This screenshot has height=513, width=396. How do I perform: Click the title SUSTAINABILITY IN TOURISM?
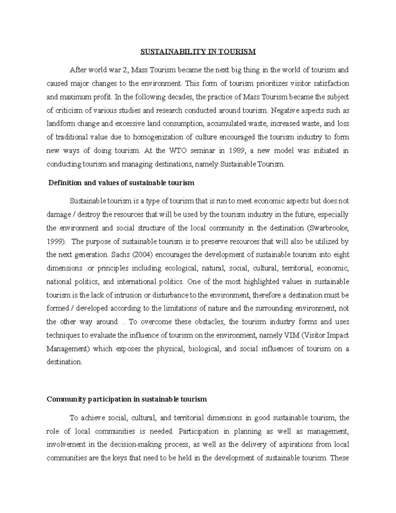198,52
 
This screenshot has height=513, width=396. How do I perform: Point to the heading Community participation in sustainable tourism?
127,399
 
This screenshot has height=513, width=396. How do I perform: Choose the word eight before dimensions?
341,255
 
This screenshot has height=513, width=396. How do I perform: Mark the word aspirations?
296,445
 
